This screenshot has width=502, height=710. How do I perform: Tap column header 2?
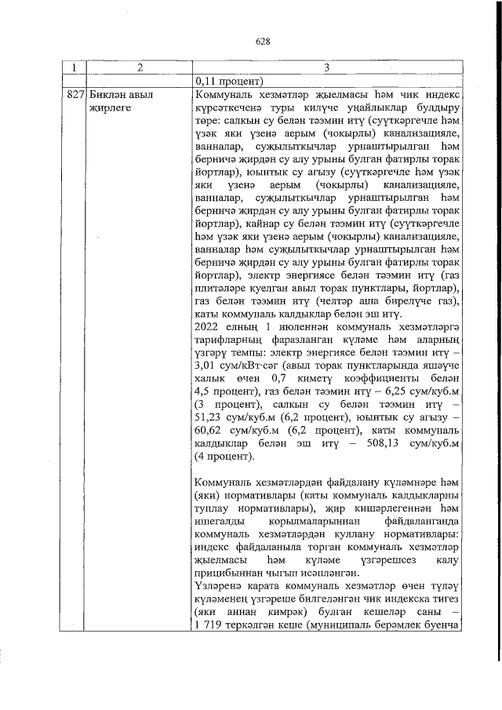tap(138, 68)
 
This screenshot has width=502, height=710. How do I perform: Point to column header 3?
tap(329, 68)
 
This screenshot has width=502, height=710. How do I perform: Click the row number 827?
tap(73, 95)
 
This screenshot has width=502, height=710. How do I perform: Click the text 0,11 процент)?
tap(233, 81)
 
